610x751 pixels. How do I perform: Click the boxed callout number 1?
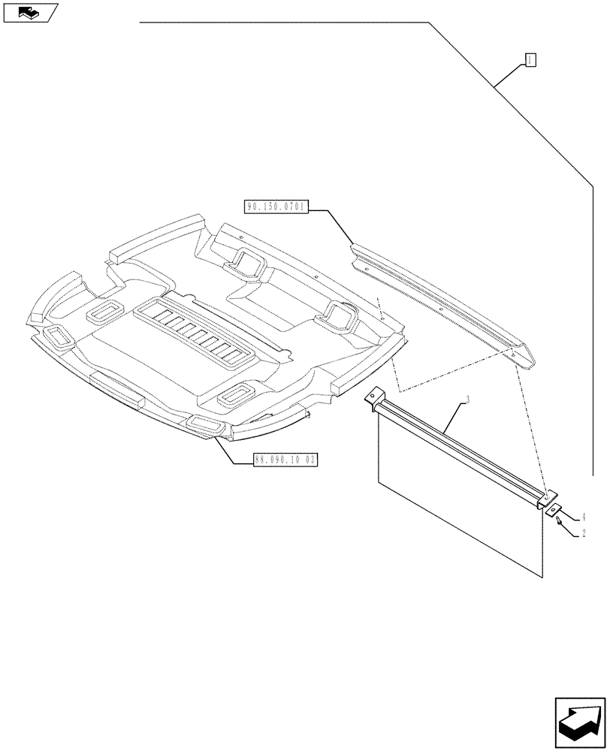pos(530,60)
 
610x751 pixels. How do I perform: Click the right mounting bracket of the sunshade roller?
pos(548,497)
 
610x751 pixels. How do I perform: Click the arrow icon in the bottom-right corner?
pos(580,721)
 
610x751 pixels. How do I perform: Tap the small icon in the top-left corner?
pos(29,12)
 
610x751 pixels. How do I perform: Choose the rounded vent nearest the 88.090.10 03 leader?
pos(204,426)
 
